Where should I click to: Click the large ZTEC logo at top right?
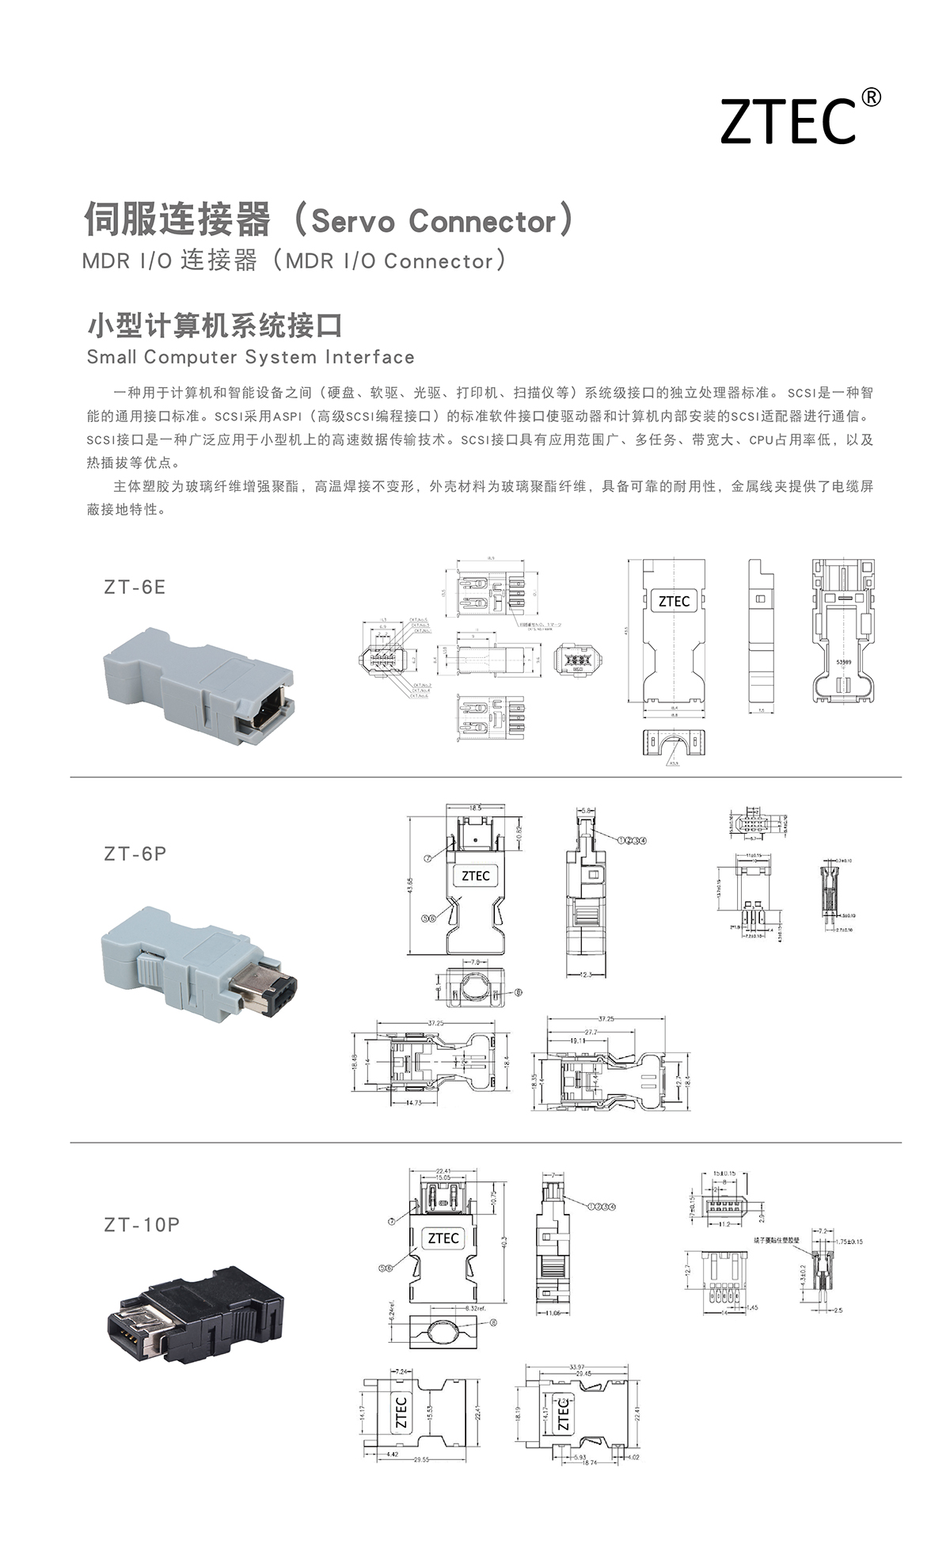coord(788,122)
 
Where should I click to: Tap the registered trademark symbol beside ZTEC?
coord(870,97)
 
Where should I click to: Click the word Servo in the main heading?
coord(352,222)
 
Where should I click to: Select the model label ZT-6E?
coord(135,587)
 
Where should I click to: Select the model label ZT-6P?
coord(135,854)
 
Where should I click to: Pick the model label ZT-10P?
coord(142,1224)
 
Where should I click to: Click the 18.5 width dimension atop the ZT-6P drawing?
coord(474,807)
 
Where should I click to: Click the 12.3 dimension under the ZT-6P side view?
coord(585,975)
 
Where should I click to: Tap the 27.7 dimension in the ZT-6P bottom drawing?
coord(591,1033)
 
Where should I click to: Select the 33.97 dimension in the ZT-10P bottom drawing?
coord(577,1367)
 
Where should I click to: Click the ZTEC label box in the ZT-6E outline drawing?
coord(674,601)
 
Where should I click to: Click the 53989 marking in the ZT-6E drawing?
coord(844,662)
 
